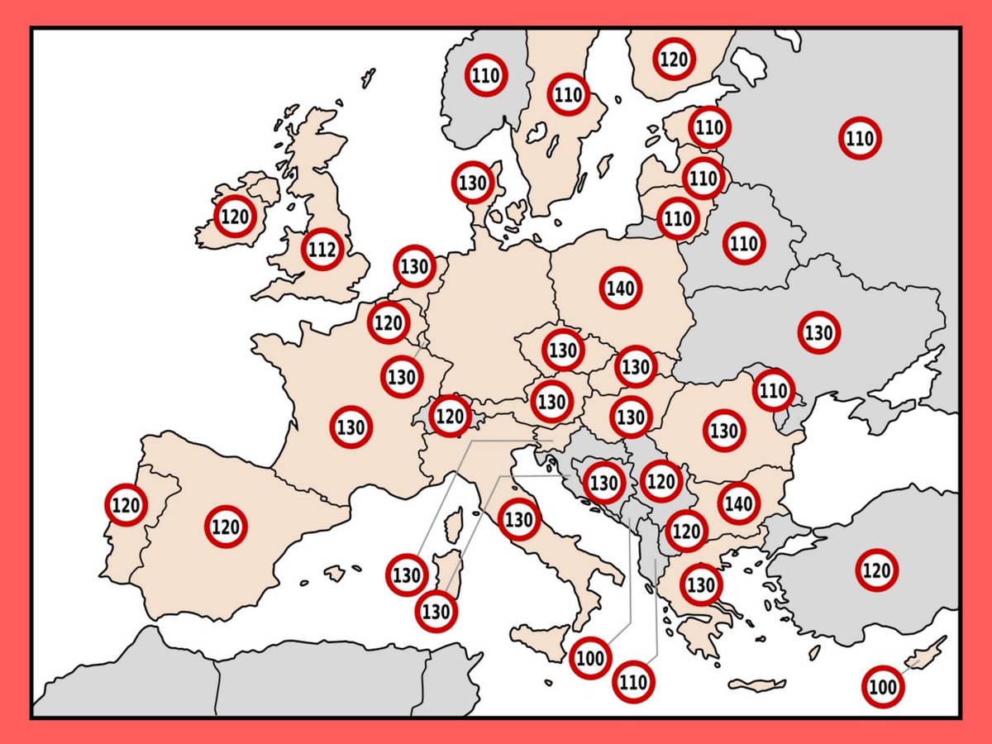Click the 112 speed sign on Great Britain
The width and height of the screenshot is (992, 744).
(322, 249)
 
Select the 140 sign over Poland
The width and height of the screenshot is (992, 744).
(620, 289)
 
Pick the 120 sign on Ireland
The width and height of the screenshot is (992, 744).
(235, 217)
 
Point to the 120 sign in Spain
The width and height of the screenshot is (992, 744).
(226, 527)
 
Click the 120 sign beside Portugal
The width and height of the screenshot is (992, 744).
(126, 504)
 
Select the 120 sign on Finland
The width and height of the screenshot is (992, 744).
(673, 59)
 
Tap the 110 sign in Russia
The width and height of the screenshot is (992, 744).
(860, 138)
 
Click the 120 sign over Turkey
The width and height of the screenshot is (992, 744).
(876, 570)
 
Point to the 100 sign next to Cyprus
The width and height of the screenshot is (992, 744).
(882, 687)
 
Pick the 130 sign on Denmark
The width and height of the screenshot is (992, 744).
(473, 183)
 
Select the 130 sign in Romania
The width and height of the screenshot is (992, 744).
(724, 431)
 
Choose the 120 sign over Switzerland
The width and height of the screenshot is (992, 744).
(451, 415)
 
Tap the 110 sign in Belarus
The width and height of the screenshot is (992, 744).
(744, 244)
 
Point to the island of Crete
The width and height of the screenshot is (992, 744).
(756, 685)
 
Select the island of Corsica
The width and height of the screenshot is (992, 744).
(452, 526)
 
